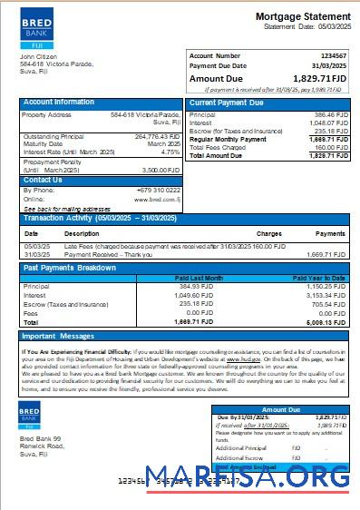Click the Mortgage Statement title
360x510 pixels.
click(x=303, y=17)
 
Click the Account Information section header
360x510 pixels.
click(x=59, y=103)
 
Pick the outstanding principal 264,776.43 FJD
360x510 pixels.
click(x=158, y=137)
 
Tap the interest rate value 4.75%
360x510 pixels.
click(x=170, y=152)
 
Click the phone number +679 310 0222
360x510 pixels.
click(x=160, y=191)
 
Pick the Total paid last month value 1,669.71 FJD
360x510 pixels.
click(x=194, y=322)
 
